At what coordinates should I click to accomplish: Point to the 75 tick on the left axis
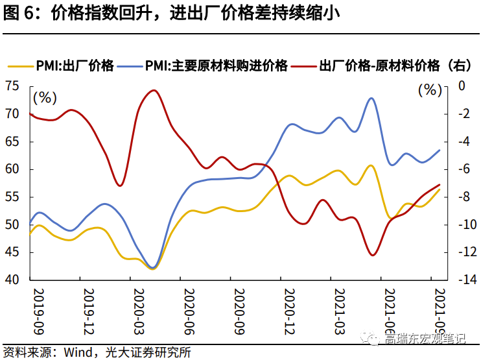click(13, 86)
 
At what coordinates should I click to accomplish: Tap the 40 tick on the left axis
click(13, 280)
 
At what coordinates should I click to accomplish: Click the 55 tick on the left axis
click(13, 197)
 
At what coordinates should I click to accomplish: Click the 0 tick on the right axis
click(461, 86)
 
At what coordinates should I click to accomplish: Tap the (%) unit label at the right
click(429, 90)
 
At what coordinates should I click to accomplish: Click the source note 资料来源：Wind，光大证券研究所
click(97, 352)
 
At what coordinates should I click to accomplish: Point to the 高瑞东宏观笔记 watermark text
click(425, 338)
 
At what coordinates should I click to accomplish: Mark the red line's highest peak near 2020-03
click(154, 91)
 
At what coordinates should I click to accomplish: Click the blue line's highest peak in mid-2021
click(371, 99)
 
